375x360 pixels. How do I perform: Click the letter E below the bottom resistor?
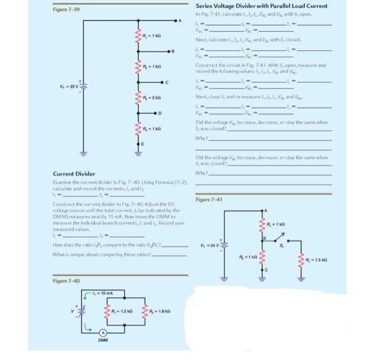(x=142, y=144)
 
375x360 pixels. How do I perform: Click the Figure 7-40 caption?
(x=65, y=281)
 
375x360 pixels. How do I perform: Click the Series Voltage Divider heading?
(x=261, y=6)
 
